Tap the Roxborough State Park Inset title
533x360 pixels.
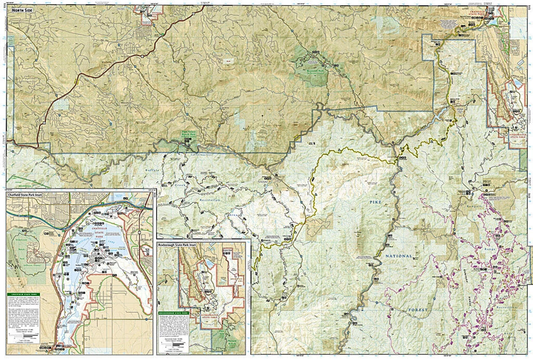(x=180, y=244)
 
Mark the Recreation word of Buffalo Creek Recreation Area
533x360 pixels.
(x=209, y=200)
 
